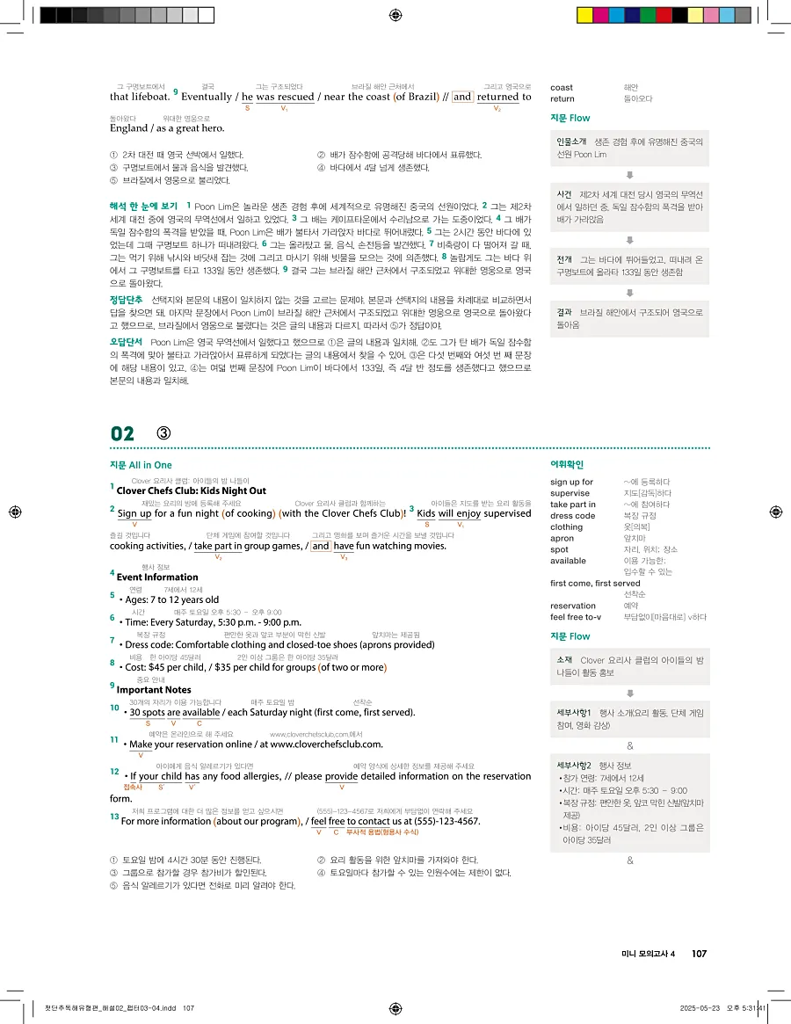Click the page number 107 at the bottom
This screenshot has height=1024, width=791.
click(699, 954)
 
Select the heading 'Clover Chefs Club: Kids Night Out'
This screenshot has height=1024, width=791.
click(191, 490)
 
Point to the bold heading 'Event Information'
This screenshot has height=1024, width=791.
click(157, 577)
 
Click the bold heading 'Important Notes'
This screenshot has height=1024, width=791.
click(154, 690)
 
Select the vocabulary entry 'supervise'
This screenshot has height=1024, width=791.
click(570, 493)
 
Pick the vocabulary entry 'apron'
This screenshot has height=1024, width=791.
click(562, 538)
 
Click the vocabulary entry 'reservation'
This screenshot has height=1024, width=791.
click(573, 606)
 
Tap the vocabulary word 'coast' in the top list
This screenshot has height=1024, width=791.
click(561, 88)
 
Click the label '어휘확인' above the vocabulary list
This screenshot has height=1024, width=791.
click(567, 465)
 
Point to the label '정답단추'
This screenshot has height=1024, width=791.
click(127, 300)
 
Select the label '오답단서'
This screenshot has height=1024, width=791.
click(127, 341)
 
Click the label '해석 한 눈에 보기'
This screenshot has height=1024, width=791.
click(144, 206)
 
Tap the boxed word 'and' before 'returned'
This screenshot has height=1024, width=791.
click(462, 97)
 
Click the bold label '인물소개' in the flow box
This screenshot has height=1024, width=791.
click(571, 142)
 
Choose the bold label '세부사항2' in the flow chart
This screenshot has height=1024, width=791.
click(576, 766)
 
